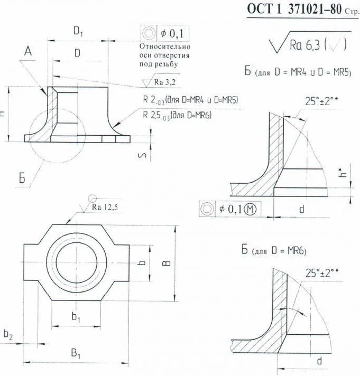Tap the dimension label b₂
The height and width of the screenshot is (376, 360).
point(8,333)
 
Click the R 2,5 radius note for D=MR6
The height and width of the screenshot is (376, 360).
point(177,114)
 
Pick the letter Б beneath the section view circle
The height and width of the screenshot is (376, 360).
point(23,178)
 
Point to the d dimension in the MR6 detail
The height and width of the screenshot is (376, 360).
point(319,361)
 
